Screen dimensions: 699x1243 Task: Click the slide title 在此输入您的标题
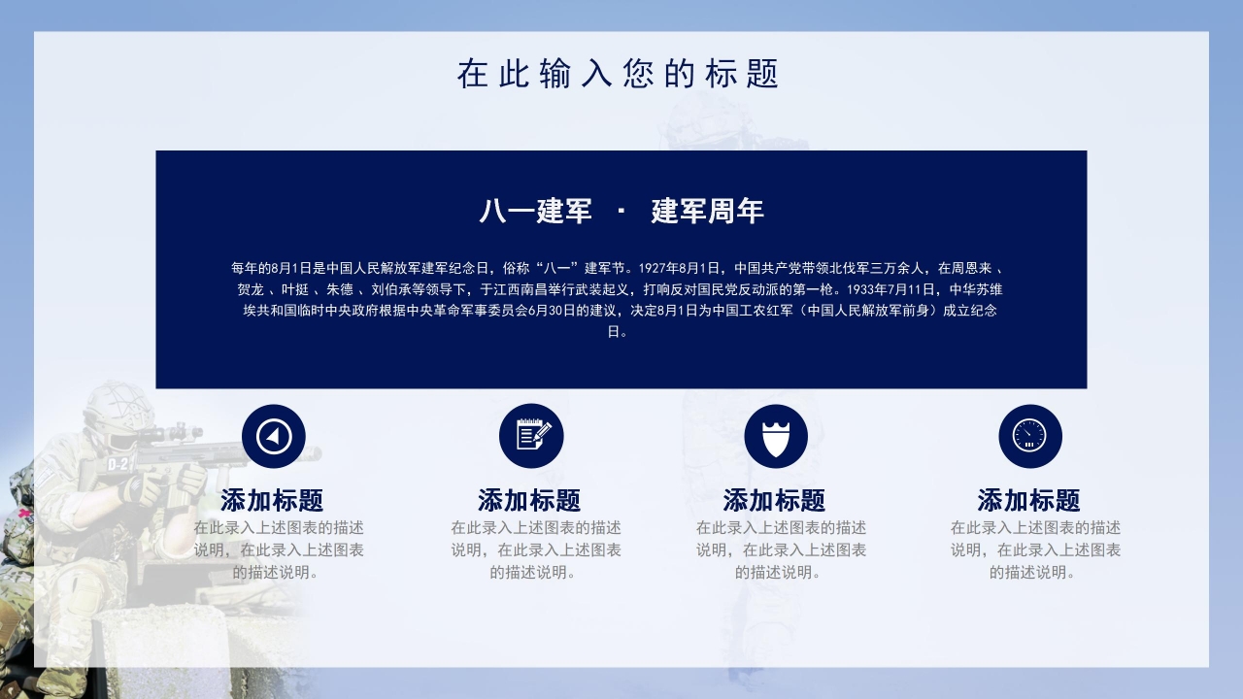(619, 74)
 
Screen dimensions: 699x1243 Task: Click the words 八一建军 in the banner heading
(535, 211)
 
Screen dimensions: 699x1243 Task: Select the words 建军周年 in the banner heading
(707, 211)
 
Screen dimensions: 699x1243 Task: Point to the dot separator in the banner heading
(621, 212)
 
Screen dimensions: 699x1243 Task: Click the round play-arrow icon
(274, 436)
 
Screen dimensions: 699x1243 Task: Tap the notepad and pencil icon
(531, 436)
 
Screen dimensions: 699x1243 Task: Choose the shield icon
(776, 436)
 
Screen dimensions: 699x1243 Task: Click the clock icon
(1030, 436)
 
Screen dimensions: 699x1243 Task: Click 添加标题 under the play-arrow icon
(272, 501)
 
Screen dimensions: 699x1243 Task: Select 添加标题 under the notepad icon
(529, 501)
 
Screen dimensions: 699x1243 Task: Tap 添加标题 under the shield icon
(774, 501)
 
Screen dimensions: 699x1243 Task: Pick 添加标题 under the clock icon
(1028, 501)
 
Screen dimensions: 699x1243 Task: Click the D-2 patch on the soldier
(119, 464)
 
